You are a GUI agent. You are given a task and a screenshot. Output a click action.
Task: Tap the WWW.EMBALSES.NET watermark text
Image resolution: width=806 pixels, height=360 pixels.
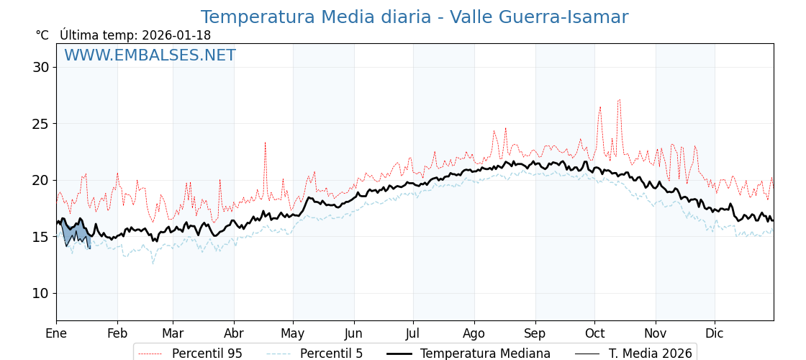150,55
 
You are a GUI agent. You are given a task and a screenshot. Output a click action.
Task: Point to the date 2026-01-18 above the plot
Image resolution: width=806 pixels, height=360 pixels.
176,35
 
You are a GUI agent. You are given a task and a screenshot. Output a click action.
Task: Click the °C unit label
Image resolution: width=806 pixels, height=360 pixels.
42,35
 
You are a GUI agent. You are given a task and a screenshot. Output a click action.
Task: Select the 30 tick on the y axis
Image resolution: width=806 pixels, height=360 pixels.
40,67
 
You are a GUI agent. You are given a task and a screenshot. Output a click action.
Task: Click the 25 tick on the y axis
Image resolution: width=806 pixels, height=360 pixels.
40,124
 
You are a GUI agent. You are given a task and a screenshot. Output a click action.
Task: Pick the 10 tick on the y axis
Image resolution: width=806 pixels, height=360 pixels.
40,293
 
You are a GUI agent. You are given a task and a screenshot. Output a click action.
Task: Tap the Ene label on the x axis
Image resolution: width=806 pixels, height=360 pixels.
56,333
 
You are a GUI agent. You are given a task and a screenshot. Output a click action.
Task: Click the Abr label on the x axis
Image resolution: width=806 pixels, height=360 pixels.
234,333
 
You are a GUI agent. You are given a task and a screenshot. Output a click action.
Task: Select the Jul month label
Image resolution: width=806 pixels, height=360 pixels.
413,333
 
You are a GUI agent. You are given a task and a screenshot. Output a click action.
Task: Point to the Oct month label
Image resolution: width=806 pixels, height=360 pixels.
594,333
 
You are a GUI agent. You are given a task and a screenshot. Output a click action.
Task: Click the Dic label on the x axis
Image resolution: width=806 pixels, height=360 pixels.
715,333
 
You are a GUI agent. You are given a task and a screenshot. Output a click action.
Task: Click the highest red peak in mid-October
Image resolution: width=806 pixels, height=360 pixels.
619,100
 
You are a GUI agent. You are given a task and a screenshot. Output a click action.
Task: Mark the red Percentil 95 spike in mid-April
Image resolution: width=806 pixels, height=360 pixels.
265,143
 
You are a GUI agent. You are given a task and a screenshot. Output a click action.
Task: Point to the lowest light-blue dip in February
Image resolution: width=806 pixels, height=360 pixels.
153,263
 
